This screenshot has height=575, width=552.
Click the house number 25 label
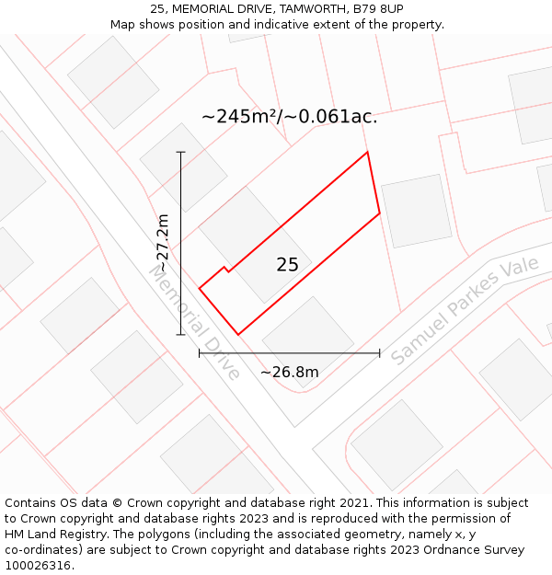[287, 265]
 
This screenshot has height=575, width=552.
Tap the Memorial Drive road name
[194, 322]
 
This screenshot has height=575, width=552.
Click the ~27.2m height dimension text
[163, 243]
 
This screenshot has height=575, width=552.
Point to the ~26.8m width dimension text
[289, 372]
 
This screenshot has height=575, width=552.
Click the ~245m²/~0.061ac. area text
[289, 117]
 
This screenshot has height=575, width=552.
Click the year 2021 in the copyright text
[355, 503]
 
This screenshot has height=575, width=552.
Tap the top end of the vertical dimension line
[180, 152]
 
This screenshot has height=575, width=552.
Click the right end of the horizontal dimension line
[379, 352]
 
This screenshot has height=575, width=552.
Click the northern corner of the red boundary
[367, 152]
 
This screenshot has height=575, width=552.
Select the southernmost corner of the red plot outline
[238, 334]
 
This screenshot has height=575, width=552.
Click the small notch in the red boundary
[225, 269]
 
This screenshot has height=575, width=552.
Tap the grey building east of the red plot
[416, 211]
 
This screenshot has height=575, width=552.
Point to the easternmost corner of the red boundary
[380, 213]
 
